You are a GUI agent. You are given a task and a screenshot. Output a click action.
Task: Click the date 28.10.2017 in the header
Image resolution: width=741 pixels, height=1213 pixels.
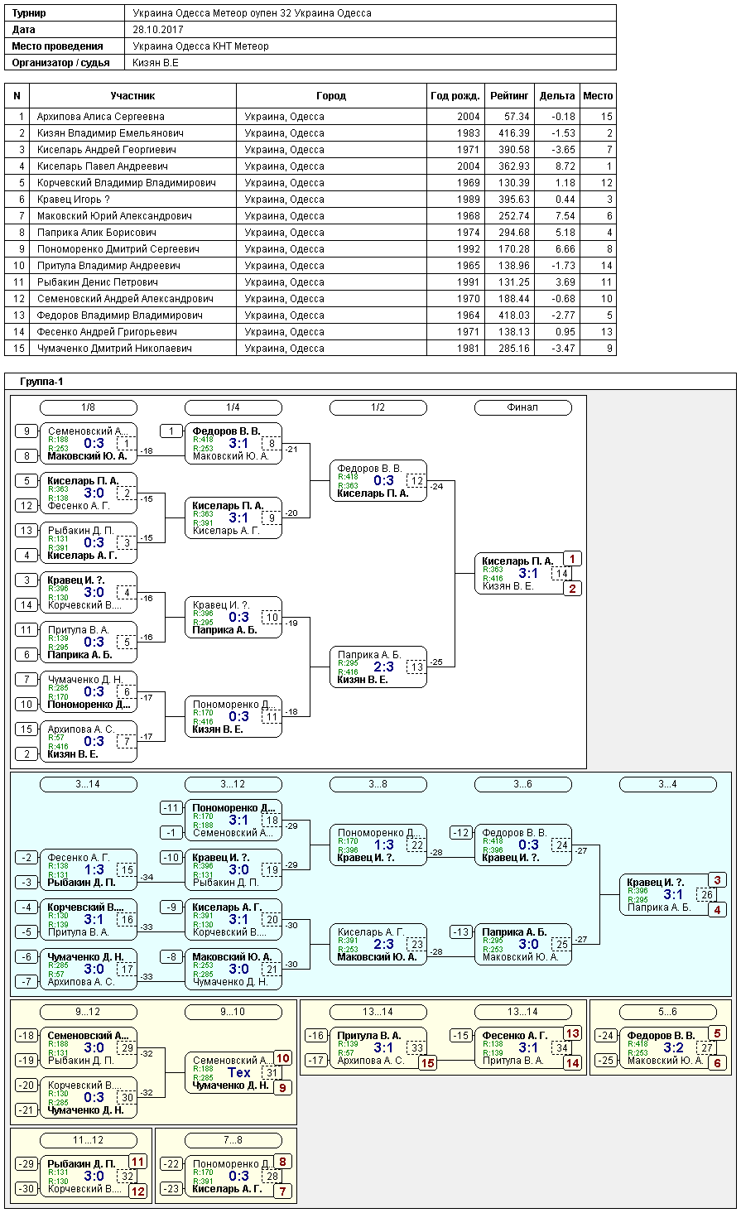[157, 30]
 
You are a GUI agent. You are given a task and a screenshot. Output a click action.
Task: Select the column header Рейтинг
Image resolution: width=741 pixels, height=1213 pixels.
[509, 96]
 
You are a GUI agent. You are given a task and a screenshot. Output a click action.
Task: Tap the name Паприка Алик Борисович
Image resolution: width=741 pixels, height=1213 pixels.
[96, 233]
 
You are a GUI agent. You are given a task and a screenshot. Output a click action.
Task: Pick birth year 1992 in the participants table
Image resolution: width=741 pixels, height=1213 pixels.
[468, 249]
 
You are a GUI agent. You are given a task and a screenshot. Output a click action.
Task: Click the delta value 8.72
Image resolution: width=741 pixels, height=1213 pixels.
[564, 166]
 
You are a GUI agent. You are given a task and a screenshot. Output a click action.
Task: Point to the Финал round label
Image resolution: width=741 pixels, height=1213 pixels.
[522, 407]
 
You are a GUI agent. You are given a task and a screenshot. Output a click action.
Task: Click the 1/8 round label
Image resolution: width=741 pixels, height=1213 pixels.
[89, 407]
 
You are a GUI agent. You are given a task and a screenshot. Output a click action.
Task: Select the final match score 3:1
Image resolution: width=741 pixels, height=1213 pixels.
[528, 574]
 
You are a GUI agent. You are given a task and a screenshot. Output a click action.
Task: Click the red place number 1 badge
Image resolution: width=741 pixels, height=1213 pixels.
[573, 559]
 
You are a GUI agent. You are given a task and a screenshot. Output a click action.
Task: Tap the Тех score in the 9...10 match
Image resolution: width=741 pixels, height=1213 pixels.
[239, 1073]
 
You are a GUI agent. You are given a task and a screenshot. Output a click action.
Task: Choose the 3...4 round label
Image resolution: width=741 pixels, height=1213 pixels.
[667, 784]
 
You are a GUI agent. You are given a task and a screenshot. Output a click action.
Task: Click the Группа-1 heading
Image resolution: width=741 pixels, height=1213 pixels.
[41, 382]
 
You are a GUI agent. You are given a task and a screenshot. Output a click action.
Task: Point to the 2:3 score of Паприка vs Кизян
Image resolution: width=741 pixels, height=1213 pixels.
[383, 667]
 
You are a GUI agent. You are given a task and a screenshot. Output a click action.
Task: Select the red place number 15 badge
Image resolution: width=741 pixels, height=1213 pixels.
[428, 1063]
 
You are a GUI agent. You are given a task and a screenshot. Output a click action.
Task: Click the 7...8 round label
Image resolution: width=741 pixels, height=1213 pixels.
[233, 1140]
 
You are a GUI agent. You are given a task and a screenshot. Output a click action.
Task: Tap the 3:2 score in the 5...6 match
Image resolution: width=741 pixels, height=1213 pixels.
[673, 1048]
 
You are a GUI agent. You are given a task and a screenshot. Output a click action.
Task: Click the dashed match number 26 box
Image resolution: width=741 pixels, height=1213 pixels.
[707, 894]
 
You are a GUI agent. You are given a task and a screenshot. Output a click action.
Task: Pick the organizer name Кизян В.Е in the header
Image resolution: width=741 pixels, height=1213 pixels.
[156, 63]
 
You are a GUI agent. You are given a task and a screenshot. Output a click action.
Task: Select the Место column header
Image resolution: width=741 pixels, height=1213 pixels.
[598, 96]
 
